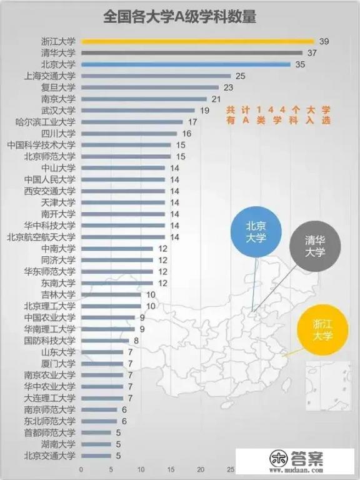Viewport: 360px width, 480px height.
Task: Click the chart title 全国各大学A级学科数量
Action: (x=179, y=17)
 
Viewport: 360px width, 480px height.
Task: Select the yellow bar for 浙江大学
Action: (x=197, y=41)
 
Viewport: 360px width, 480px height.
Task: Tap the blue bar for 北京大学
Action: (x=186, y=64)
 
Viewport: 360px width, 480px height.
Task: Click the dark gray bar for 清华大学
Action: (x=191, y=53)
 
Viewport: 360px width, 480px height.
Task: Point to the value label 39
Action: (x=324, y=41)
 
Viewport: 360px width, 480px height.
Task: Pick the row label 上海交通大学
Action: (x=49, y=76)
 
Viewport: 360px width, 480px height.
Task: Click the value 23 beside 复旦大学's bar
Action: (x=228, y=87)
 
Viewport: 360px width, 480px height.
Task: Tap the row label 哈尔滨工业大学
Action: (x=45, y=122)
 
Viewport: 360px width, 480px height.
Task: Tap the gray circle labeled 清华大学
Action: (x=314, y=246)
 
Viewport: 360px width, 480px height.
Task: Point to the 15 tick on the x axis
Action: (x=171, y=469)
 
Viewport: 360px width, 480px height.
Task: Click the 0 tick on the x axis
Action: (x=81, y=469)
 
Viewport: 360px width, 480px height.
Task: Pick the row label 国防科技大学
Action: (x=49, y=341)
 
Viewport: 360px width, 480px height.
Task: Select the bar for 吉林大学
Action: (x=111, y=294)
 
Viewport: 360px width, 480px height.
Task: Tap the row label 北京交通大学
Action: (x=49, y=455)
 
